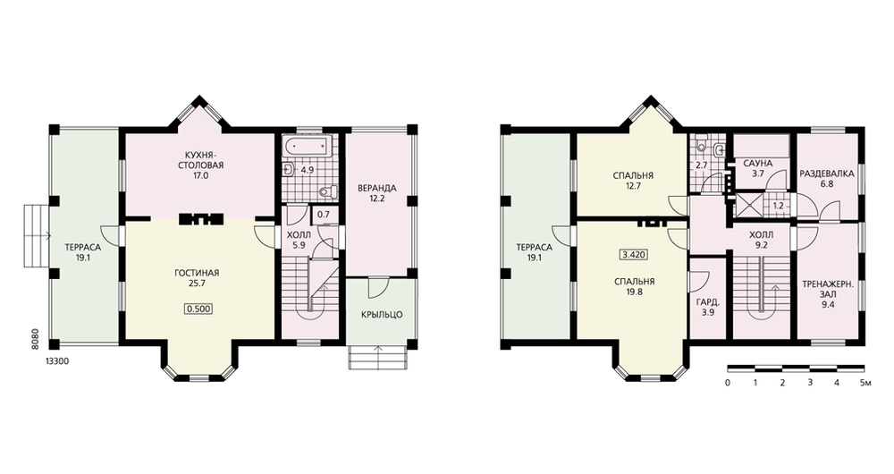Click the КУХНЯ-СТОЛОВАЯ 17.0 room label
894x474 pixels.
point(200,165)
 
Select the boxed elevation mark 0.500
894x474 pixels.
point(198,309)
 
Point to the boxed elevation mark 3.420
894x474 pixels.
point(634,255)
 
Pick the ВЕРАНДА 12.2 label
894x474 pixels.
point(377,193)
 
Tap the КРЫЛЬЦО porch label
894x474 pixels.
point(382,314)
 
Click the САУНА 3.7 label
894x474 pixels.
point(758,168)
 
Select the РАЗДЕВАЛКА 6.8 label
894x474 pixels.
point(827,179)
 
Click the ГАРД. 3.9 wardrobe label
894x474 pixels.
point(707,308)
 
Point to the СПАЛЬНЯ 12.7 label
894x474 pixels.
point(633,181)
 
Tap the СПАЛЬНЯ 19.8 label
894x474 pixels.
point(635,286)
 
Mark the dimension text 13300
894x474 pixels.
point(57,361)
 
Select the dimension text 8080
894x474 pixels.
point(35,338)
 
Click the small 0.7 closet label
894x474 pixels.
point(324,215)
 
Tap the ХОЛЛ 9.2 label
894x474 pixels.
point(761,241)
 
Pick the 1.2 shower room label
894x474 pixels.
point(778,206)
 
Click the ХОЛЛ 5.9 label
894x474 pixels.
point(299,241)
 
